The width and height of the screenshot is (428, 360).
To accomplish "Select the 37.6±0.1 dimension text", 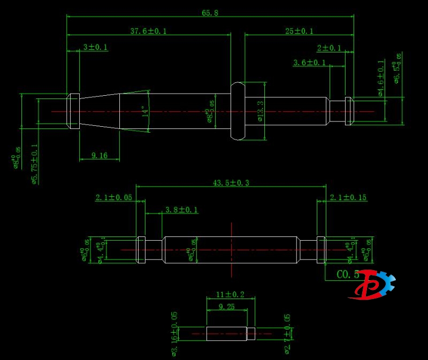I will point(148,31).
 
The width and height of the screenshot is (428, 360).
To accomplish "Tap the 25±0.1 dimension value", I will point(299,31).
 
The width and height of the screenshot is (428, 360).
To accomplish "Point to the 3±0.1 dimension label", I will point(95,47).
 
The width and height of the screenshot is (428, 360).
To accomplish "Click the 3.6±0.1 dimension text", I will point(309,63).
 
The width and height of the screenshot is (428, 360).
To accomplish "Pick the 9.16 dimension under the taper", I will point(99,156).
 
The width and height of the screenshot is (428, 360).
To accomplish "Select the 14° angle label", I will point(144,111).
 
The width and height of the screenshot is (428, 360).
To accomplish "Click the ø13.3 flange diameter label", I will point(260,111).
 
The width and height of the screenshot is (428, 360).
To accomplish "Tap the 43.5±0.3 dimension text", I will point(231,183).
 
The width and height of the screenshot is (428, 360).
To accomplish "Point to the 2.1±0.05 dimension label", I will point(113,197).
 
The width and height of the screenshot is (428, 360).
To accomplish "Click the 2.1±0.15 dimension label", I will point(348,197).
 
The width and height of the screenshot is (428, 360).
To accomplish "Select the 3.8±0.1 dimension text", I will point(181,210).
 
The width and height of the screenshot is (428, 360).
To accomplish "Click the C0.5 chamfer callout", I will point(348,274).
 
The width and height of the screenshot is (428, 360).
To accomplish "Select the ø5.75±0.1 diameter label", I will point(35,164).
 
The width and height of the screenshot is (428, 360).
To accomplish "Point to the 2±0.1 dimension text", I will point(328,48).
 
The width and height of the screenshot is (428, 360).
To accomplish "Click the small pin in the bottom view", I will point(230,334).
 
